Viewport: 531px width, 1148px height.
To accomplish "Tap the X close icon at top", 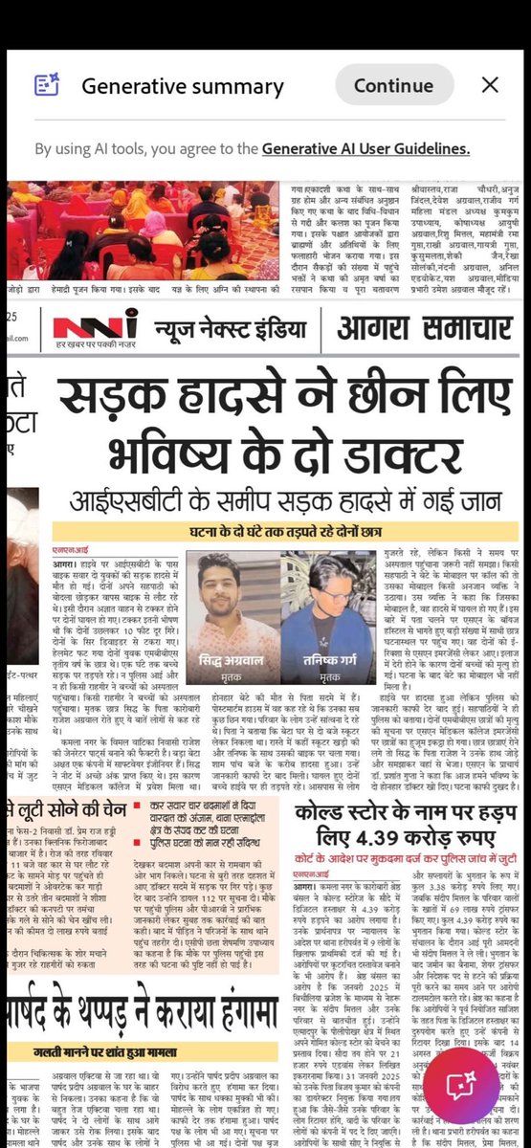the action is (490, 85).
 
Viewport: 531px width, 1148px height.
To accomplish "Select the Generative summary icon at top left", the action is (47, 85).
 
